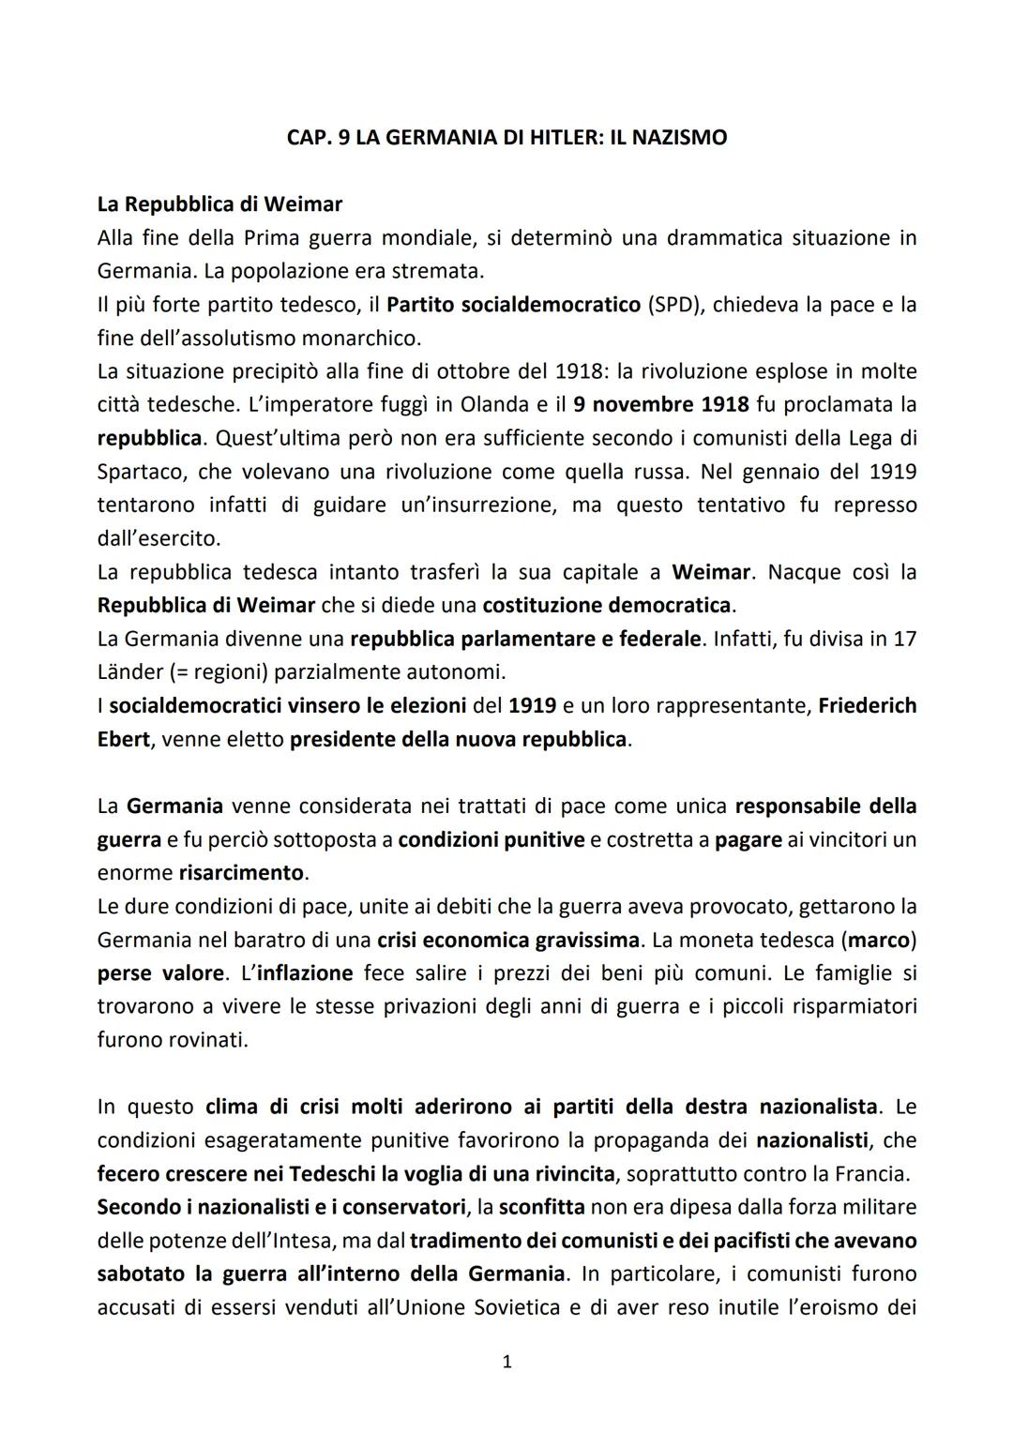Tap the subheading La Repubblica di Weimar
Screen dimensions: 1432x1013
[x=219, y=203]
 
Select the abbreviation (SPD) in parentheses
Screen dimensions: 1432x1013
[x=673, y=305]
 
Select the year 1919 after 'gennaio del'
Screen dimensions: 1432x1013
[x=892, y=472]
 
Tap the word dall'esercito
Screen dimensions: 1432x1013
[x=159, y=539]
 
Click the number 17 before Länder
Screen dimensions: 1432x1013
[x=905, y=640]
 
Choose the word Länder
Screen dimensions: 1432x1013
[x=129, y=672]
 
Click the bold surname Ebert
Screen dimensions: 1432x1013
[x=123, y=739]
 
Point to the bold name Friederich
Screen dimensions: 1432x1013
[x=867, y=706]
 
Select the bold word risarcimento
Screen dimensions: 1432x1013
[x=241, y=873]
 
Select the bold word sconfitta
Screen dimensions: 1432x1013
[x=542, y=1207]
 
